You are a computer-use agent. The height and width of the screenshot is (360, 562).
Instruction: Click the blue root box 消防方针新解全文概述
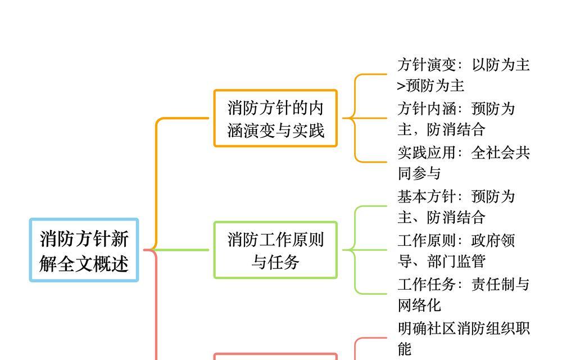tap(84, 250)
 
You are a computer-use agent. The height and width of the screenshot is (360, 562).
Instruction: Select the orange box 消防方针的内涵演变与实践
tap(275, 118)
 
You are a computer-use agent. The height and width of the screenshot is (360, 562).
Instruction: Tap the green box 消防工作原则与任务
tap(275, 250)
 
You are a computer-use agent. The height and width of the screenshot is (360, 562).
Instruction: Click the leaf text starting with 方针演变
tap(464, 75)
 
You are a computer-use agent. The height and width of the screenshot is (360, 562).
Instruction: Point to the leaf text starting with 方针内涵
tap(456, 119)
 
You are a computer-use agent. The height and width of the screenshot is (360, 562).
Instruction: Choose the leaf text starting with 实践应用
tap(464, 163)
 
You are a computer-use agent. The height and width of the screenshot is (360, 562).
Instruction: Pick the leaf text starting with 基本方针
tap(456, 207)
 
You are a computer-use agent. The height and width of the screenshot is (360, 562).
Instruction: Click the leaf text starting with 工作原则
tap(456, 251)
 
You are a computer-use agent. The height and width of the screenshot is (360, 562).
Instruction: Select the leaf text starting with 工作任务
tap(464, 295)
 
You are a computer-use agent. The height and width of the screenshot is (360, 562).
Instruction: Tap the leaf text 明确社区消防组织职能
tap(464, 339)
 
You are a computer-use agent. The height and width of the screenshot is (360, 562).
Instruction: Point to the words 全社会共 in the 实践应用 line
tap(501, 153)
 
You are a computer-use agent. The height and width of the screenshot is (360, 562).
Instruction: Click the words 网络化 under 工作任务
tap(419, 305)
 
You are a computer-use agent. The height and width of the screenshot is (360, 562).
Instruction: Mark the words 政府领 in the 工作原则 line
tap(493, 241)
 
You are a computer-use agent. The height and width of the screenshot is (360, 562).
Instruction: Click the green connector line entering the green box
tap(181, 250)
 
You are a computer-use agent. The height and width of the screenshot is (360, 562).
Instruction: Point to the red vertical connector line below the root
tap(156, 305)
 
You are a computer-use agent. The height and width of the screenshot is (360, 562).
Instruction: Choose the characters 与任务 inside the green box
tap(275, 262)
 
